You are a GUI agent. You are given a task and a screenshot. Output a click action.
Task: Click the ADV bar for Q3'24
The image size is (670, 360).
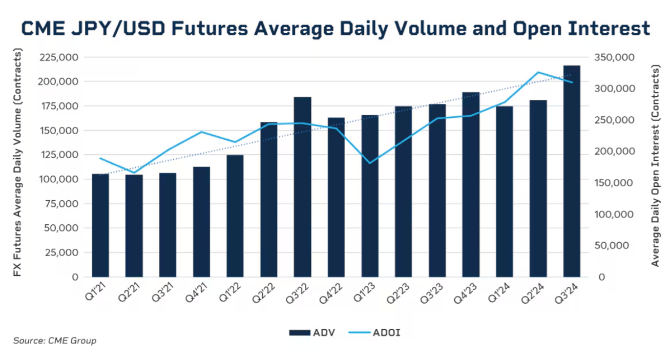572,172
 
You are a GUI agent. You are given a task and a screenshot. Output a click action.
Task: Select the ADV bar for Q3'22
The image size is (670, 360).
302,187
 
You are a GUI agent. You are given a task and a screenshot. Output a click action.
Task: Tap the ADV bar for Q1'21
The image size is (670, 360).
100,225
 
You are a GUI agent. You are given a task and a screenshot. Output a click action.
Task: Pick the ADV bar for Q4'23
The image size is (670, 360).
471,184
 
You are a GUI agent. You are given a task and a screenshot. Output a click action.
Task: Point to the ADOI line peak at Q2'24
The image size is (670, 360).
538,72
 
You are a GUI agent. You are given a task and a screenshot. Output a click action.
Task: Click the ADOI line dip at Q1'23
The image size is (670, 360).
370,163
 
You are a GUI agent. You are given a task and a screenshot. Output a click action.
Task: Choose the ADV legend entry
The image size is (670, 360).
312,333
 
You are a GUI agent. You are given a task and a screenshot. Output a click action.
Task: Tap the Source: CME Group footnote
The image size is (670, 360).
55,341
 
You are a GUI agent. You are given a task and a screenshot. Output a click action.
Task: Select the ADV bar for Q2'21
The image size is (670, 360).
134,225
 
